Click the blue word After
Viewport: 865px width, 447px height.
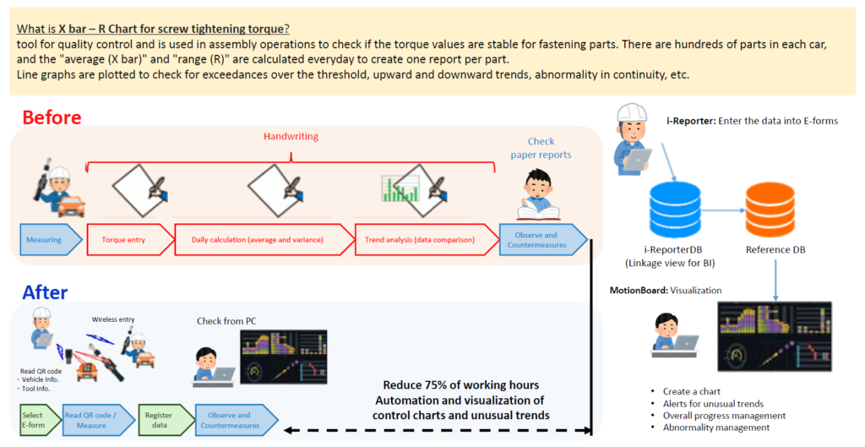[x=45, y=292]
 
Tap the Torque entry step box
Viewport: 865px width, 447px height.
[x=128, y=240]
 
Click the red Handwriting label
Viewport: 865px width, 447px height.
[x=290, y=135]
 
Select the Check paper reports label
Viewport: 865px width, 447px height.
[x=541, y=148]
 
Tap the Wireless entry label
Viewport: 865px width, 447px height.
[x=115, y=319]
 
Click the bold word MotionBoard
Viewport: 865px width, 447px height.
[x=638, y=291]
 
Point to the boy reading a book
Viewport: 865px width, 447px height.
[x=537, y=195]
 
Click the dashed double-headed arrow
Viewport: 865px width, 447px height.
[x=435, y=431]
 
